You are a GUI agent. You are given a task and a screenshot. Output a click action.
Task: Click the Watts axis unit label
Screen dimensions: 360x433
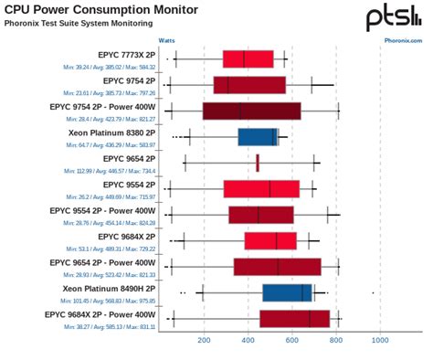(167, 40)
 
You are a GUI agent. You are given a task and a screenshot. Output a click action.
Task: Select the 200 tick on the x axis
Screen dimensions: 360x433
(204, 340)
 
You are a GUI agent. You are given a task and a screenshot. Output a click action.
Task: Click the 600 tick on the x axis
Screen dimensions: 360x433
(292, 340)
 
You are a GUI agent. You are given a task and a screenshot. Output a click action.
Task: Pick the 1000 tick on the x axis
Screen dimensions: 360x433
(380, 340)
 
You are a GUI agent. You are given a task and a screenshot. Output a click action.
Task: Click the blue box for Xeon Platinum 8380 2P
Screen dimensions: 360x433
(258, 137)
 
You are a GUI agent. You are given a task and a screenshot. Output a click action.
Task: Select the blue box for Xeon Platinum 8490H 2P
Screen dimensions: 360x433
(287, 292)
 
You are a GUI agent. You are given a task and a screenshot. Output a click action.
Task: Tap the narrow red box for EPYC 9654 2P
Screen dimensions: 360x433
(258, 163)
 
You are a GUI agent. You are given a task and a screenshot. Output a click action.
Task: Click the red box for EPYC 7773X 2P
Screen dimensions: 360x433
(248, 59)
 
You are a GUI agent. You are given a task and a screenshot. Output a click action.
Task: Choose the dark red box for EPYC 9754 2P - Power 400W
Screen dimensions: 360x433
(251, 111)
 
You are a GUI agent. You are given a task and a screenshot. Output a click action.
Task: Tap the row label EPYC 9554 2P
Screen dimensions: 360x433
(126, 184)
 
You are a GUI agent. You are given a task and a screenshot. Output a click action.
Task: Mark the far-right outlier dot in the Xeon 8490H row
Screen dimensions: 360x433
(373, 292)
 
